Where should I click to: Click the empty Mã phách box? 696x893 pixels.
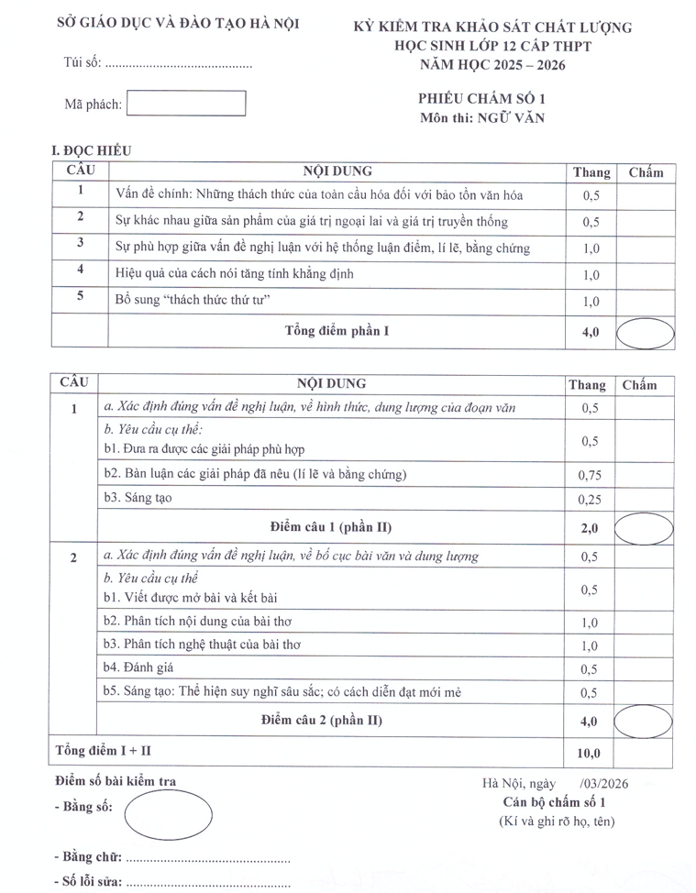[186, 104]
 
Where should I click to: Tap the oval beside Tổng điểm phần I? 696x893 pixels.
[645, 332]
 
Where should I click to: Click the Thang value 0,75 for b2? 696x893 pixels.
[589, 475]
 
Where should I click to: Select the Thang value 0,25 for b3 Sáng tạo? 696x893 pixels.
[589, 500]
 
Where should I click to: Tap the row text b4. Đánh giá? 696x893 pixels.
[138, 668]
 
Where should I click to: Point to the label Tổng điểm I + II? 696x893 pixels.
[104, 751]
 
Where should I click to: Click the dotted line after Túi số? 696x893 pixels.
[179, 65]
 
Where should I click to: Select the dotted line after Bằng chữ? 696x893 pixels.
[207, 858]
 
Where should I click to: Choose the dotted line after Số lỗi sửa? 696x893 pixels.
[207, 884]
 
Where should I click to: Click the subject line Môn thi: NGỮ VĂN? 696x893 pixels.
[481, 117]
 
